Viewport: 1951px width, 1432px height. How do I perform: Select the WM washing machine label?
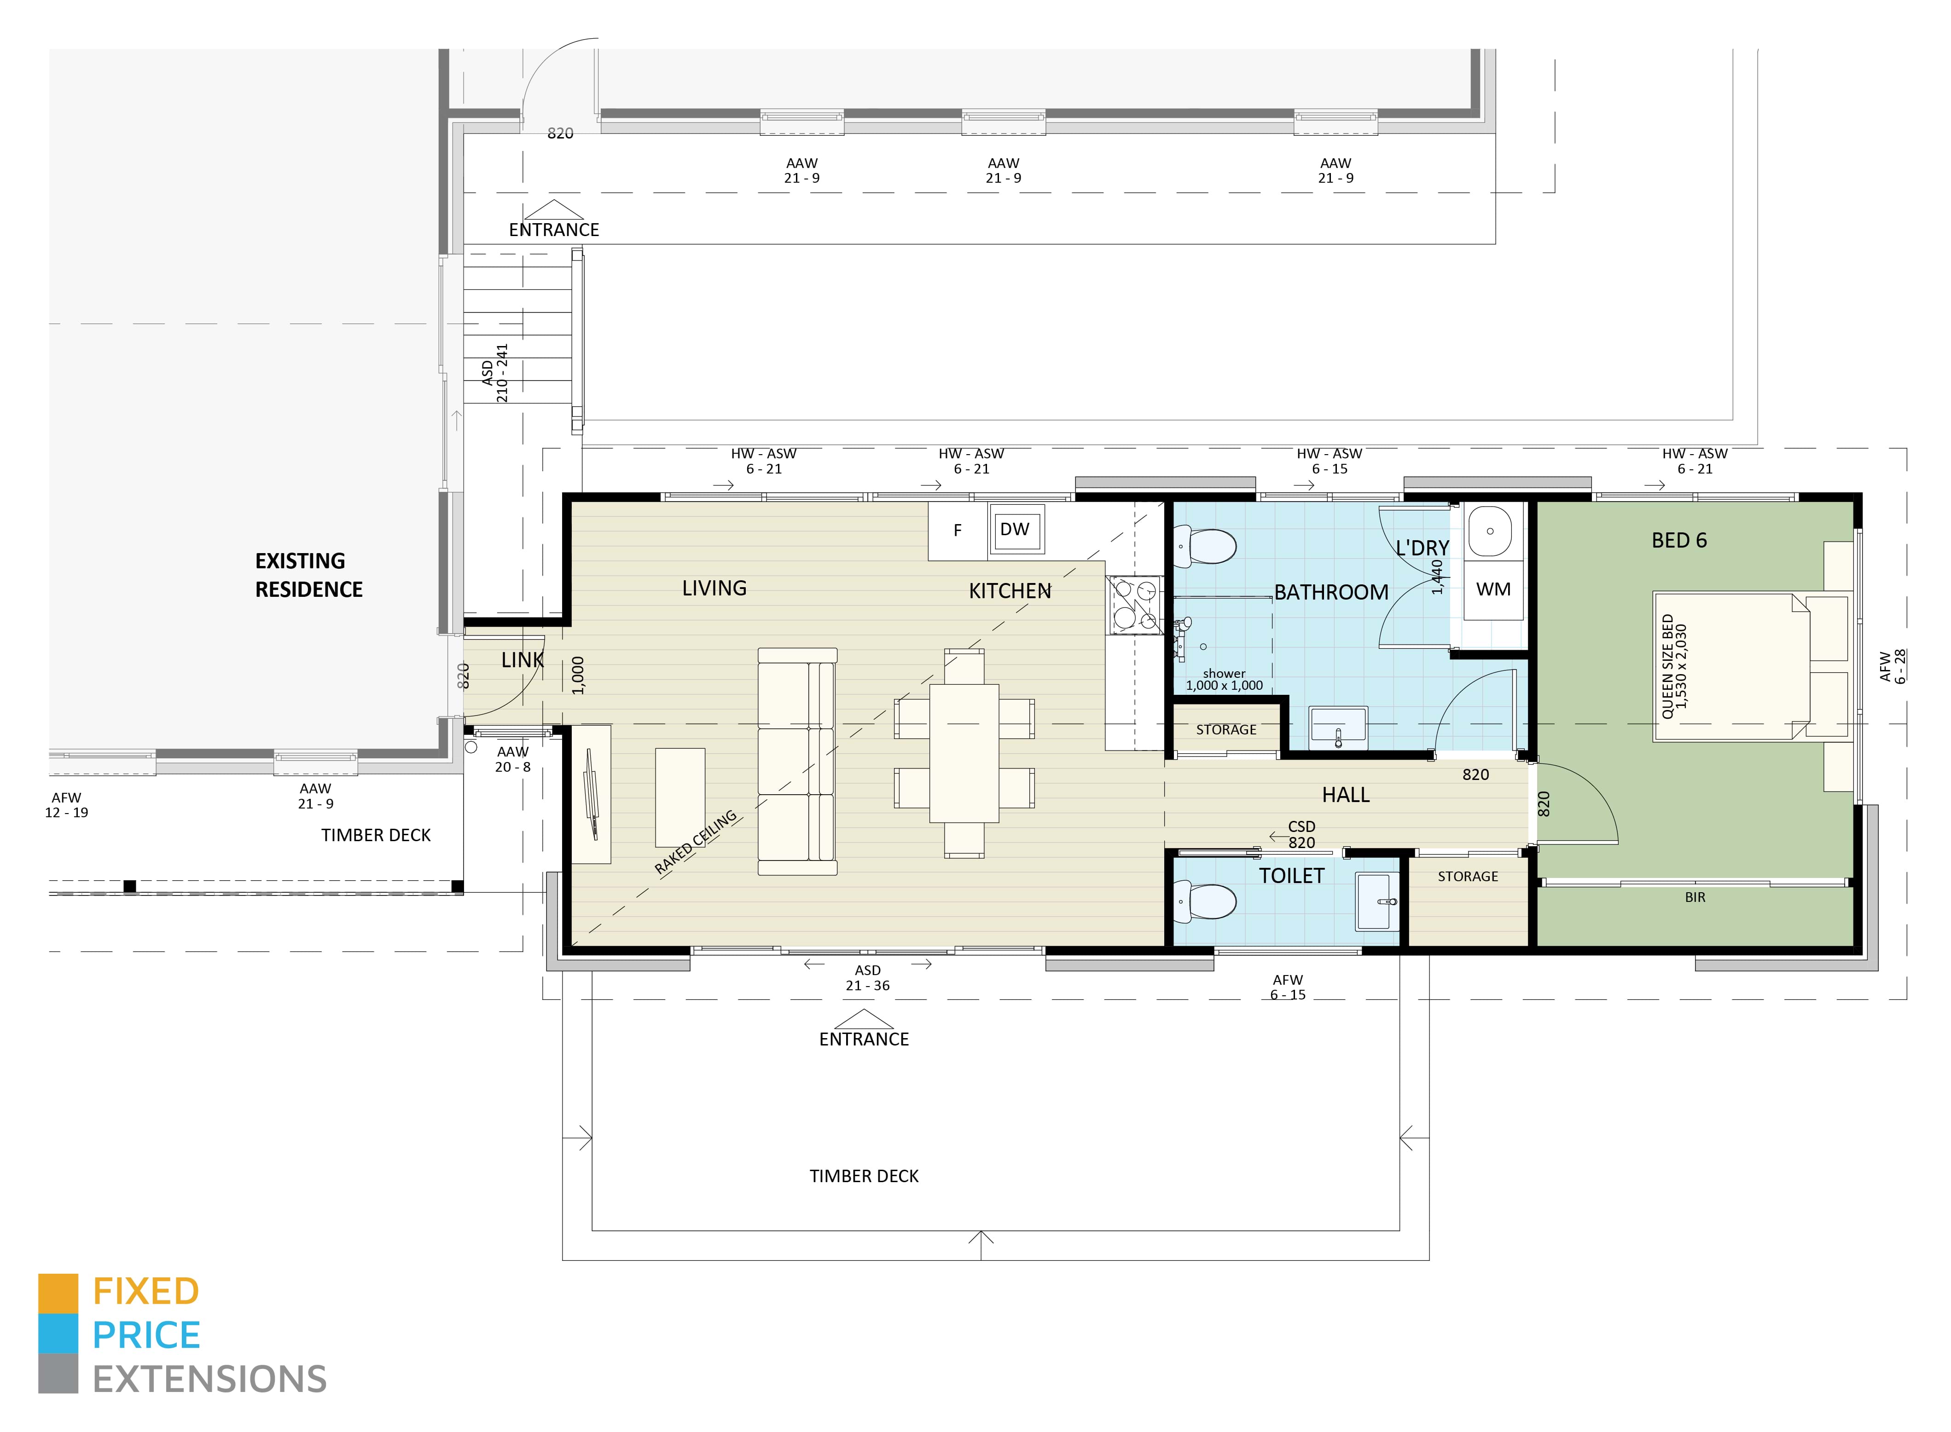pyautogui.click(x=1492, y=589)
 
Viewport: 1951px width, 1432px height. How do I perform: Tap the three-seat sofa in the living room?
pyautogui.click(x=796, y=761)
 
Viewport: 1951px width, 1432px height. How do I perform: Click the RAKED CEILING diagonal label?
pyautogui.click(x=696, y=842)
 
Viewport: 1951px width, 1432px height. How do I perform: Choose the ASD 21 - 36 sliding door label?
pyautogui.click(x=867, y=978)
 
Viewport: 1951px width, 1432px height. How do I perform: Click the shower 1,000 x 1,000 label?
pyautogui.click(x=1224, y=680)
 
